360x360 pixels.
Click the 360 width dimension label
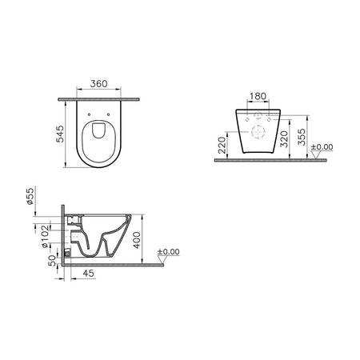coord(98,84)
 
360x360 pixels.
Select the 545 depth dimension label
coord(60,134)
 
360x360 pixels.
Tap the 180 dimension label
coord(258,96)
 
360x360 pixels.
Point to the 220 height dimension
coord(222,146)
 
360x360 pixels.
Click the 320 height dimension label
coord(284,139)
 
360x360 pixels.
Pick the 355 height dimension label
coord(302,137)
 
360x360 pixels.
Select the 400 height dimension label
coord(137,240)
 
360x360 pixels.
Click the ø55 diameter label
coord(30,196)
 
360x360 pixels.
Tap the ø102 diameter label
coord(46,237)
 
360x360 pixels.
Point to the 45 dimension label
coord(89,274)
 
